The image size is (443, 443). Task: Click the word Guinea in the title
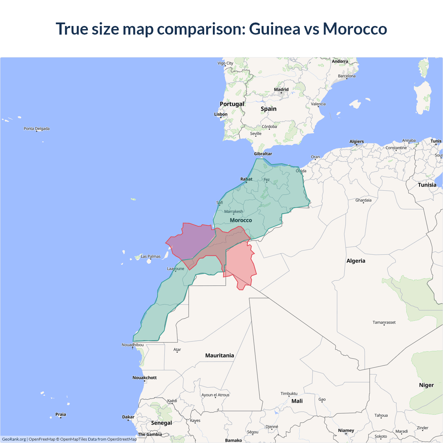click(274, 29)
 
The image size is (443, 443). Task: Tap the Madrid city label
click(281, 89)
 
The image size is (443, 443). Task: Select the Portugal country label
click(232, 104)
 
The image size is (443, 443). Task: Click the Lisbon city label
click(221, 114)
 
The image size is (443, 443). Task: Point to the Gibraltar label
click(263, 154)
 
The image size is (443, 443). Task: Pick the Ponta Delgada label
click(37, 129)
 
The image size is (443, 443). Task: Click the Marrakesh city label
click(234, 211)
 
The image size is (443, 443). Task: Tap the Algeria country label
click(356, 261)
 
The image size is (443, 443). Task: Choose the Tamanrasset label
click(384, 322)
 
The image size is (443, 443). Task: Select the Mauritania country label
click(219, 355)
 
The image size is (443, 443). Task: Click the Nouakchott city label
click(145, 378)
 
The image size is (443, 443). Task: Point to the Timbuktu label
click(289, 394)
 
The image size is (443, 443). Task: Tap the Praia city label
click(61, 414)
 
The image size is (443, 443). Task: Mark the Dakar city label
click(128, 417)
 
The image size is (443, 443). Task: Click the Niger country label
click(426, 385)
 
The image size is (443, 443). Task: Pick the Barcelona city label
click(347, 76)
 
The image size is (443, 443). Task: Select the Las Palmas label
click(151, 256)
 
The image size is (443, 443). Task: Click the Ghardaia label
click(363, 200)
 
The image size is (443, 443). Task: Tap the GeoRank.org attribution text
click(14, 439)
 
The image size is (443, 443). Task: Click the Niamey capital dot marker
click(346, 434)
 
